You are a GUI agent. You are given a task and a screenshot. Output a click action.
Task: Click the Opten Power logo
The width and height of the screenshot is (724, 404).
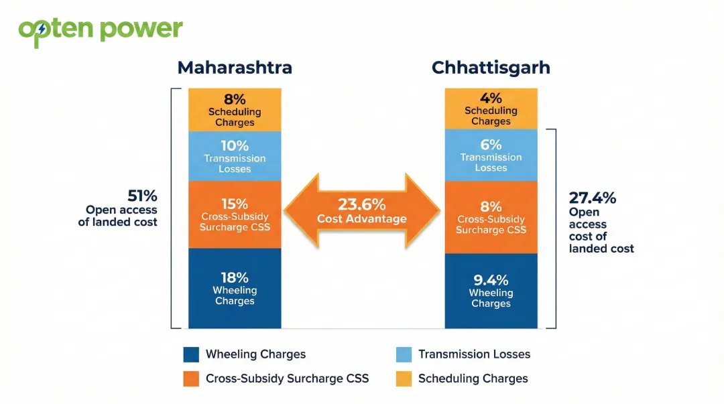coord(101,30)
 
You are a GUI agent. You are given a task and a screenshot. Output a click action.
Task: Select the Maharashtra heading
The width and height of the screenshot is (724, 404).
coord(235,68)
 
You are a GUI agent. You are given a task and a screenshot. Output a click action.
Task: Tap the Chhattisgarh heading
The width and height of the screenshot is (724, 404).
coord(491,68)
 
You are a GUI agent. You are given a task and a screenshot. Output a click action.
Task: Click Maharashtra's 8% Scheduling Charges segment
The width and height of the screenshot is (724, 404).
coord(235,110)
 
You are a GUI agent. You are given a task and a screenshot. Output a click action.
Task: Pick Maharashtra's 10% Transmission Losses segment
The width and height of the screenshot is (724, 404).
coord(235,156)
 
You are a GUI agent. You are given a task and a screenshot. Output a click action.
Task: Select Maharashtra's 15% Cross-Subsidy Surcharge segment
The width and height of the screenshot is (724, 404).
coord(235,214)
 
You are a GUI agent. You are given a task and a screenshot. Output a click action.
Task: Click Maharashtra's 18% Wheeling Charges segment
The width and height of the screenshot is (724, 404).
coord(235,288)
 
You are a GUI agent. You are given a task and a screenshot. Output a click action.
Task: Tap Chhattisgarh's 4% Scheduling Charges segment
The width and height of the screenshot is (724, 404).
coord(491,109)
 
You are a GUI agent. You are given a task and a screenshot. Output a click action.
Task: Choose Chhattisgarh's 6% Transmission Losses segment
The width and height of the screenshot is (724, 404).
coord(491,155)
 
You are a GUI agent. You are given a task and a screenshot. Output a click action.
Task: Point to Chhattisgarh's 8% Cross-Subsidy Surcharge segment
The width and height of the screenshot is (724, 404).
coord(491,217)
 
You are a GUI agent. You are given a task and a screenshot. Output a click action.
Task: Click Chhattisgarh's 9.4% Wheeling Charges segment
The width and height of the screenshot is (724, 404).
coord(491,291)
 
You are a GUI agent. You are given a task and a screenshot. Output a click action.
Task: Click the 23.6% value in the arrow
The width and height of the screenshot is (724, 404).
coord(361,204)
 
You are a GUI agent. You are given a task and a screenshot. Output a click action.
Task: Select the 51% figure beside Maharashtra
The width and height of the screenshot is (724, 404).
coord(142,196)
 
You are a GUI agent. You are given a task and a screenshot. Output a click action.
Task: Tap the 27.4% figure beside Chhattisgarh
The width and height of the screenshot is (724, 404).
coord(592,198)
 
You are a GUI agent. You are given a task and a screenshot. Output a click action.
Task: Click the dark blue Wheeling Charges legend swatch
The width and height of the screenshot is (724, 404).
coord(191,354)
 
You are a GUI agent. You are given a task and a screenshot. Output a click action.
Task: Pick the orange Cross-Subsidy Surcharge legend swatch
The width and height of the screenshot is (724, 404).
coord(191,379)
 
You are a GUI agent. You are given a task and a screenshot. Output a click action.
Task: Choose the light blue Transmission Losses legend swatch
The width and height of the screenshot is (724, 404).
coord(404,354)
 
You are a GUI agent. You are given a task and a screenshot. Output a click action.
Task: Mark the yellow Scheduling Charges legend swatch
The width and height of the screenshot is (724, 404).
coord(404,379)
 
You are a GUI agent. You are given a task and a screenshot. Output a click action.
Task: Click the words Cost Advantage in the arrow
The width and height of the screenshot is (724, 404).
coord(361,219)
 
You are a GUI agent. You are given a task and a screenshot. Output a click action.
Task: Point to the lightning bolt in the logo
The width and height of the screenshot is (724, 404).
coord(43,29)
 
